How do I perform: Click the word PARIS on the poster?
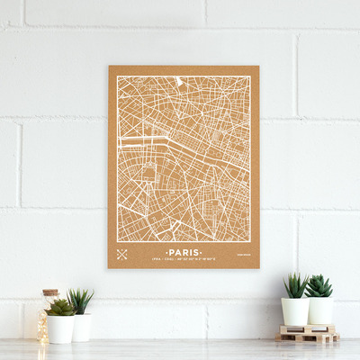[x=184, y=253]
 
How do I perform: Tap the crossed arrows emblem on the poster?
[x=121, y=255]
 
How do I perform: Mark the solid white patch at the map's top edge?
[x=179, y=81]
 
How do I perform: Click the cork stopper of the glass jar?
[x=50, y=293]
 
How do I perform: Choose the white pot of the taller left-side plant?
[x=82, y=327]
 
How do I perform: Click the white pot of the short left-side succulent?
[x=61, y=328]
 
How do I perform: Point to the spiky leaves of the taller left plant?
[x=80, y=301]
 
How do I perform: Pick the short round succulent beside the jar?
[x=60, y=308]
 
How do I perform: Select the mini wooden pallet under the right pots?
[x=308, y=334]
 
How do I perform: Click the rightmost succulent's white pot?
[x=319, y=311]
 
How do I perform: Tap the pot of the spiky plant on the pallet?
[x=294, y=311]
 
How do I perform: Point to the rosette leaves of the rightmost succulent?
[x=318, y=286]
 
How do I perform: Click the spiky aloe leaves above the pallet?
[x=295, y=285]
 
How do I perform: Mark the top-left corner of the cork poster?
[x=109, y=67]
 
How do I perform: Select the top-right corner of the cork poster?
[x=258, y=66]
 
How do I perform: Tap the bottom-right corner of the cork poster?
[x=259, y=267]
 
